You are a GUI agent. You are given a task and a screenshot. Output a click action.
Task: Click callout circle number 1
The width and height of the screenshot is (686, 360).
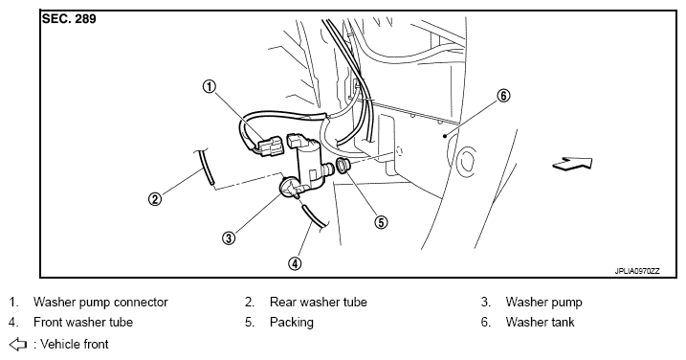[210, 87]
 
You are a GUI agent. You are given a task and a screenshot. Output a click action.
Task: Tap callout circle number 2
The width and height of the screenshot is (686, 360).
[155, 199]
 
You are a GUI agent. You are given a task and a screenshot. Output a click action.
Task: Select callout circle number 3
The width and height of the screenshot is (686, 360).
[229, 237]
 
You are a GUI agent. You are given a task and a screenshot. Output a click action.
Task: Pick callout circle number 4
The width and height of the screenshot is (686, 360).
[295, 263]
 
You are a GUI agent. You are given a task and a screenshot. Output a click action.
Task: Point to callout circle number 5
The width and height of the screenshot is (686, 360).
[381, 222]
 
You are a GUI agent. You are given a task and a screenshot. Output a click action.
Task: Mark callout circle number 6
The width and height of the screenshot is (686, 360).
[504, 95]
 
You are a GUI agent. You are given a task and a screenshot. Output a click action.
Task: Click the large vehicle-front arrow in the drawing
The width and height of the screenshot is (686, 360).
[573, 164]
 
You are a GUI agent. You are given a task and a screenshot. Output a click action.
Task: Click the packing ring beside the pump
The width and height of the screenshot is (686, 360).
[342, 166]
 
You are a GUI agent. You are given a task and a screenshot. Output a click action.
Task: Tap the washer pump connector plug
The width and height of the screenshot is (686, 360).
[271, 146]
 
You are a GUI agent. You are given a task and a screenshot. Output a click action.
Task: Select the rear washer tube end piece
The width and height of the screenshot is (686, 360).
[206, 167]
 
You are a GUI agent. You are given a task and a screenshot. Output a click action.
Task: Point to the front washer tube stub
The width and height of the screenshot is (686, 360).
[314, 216]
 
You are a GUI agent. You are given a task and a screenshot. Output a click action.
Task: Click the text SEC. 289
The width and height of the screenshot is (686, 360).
[69, 19]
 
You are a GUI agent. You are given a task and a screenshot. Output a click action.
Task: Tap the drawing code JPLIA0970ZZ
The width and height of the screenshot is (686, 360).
[636, 271]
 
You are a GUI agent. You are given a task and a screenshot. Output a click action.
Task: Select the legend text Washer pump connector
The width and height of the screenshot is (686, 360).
[100, 303]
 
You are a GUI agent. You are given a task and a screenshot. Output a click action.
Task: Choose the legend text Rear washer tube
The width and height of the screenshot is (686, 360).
[318, 302]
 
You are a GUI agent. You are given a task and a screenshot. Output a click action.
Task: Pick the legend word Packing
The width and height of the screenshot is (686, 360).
[292, 323]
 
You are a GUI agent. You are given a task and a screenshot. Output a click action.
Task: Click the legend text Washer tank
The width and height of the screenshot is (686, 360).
[540, 322]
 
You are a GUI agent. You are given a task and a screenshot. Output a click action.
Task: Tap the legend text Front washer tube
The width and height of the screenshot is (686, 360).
[83, 322]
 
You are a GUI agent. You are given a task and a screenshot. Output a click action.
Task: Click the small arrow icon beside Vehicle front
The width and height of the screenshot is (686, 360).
[18, 345]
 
